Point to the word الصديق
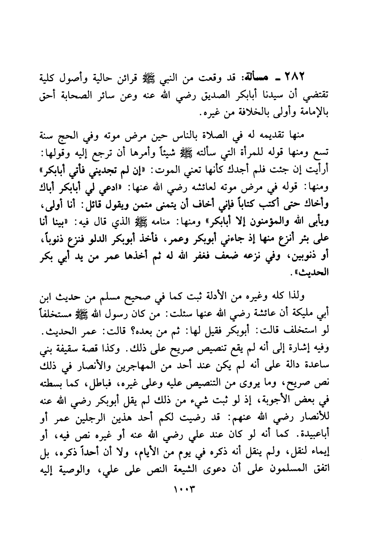202,95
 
